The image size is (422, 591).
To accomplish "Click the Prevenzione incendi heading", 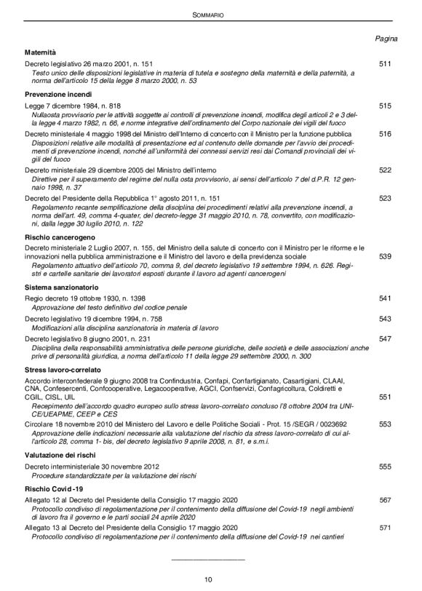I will click(58, 94).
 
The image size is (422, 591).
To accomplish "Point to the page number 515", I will click(386, 106).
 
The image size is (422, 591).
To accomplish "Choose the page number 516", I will click(386, 134).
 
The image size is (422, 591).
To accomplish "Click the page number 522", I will click(386, 170).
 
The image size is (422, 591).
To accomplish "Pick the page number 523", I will click(386, 197).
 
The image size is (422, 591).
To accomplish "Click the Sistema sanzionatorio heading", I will click(60, 288).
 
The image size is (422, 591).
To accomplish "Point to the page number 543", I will click(386, 319).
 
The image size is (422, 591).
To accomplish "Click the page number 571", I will click(386, 526).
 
